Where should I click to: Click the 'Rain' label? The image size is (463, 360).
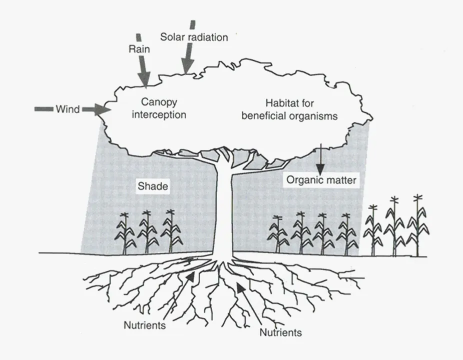click(x=139, y=49)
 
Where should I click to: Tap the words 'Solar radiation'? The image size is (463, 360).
click(x=194, y=37)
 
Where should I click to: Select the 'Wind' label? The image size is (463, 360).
click(x=67, y=109)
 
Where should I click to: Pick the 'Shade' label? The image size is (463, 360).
click(x=152, y=187)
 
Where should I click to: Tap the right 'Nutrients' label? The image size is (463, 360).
click(x=281, y=332)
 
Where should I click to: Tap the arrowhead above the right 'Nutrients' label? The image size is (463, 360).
click(x=241, y=288)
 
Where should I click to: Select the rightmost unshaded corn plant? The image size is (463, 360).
click(x=418, y=225)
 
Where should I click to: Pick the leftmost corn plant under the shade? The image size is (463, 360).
click(x=125, y=232)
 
